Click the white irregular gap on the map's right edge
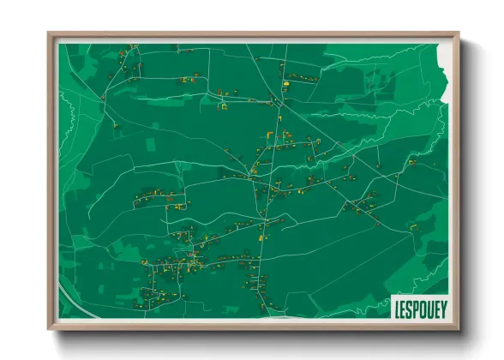443,64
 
